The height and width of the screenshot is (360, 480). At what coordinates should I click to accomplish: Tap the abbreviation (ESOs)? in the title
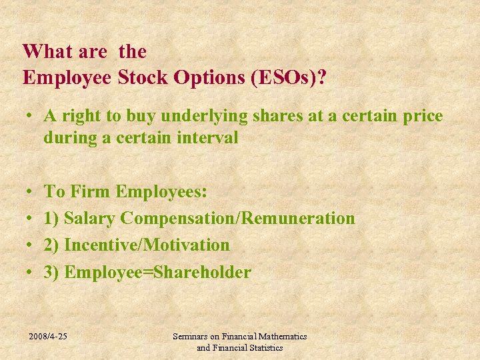tap(287, 77)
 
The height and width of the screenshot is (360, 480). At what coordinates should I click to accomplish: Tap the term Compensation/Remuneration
tap(239, 219)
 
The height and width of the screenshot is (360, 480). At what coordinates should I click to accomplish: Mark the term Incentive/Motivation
tap(147, 245)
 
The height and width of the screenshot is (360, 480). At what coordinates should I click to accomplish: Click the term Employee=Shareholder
tap(157, 273)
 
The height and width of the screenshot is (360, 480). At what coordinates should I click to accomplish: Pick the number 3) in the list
tap(52, 273)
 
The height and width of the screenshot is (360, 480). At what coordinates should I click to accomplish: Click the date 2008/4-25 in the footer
tap(48, 337)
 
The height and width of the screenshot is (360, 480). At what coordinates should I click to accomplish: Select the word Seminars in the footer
tap(191, 337)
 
